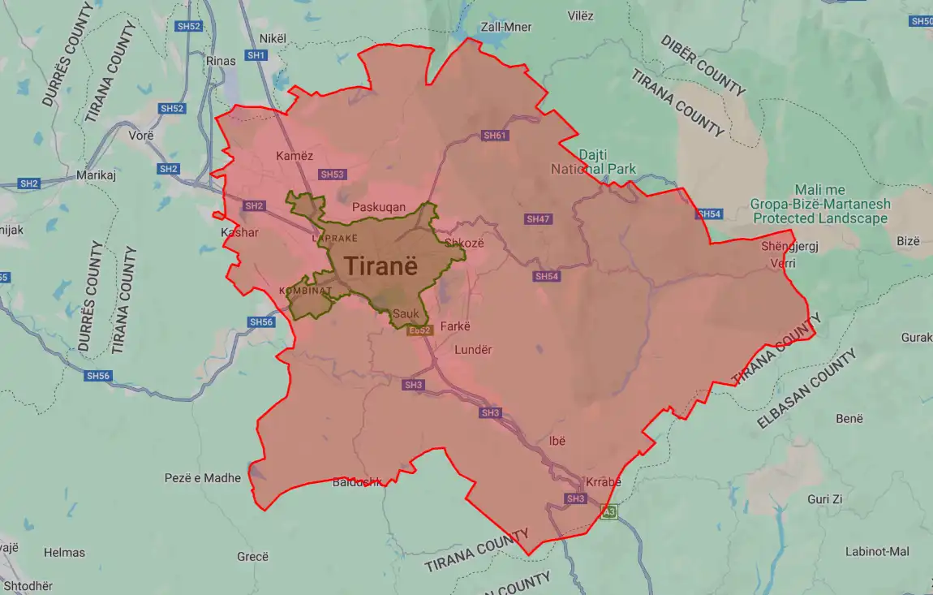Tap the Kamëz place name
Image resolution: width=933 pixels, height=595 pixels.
pos(295,156)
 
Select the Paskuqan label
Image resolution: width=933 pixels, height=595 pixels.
pos(378,207)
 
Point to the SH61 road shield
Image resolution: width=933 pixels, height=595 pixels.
pos(494,136)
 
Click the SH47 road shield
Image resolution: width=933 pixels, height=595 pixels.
pos(538,219)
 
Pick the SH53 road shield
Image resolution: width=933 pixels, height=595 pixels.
pos(333,175)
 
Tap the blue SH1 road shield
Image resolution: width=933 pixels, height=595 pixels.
pos(256,55)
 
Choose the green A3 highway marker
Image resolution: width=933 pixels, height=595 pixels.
pos(608,512)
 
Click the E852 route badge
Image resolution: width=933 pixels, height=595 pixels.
pos(420,330)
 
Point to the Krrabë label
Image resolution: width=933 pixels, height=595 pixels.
pos(602,482)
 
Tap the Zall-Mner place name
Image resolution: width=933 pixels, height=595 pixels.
pos(506,27)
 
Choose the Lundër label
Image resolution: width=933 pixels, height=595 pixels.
pos(473,350)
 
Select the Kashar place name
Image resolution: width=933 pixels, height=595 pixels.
pos(239,233)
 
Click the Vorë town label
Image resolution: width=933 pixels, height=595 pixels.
pos(141,136)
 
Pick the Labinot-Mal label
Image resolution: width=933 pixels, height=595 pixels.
pos(877,552)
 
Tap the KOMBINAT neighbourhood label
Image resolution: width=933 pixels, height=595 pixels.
pos(305,291)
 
